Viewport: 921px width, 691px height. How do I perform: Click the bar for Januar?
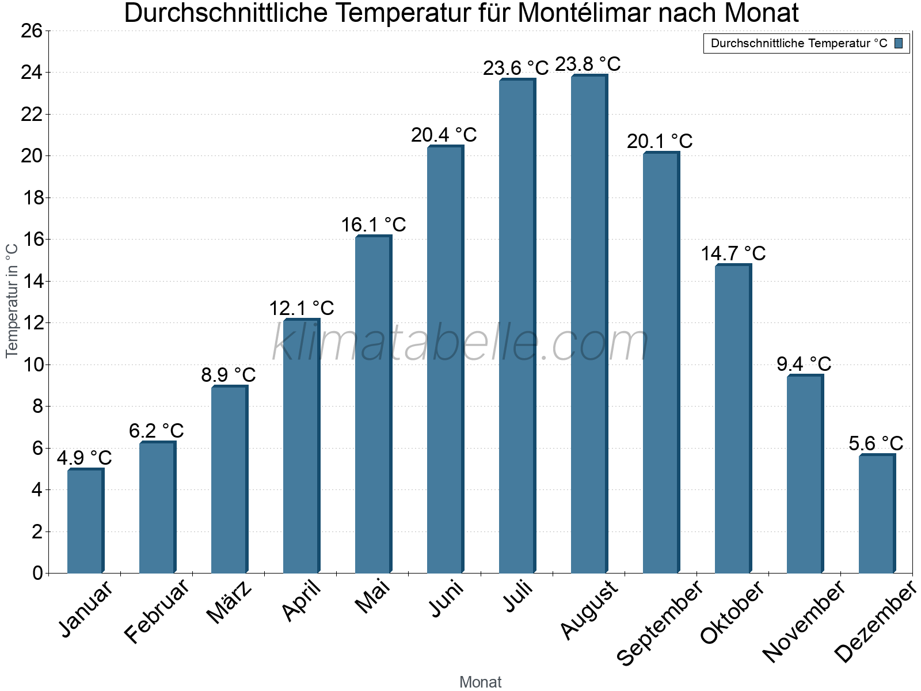pos(85,521)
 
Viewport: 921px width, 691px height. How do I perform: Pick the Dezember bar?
pos(877,514)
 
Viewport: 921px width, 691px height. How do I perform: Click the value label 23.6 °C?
pos(516,69)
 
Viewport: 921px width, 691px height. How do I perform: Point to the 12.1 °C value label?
pos(302,308)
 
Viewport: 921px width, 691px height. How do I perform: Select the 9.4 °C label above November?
pos(804,364)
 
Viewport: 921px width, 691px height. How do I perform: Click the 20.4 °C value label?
pos(444,135)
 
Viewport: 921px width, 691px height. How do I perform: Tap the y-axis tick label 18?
pos(33,198)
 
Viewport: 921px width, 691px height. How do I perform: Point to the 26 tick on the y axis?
pos(33,31)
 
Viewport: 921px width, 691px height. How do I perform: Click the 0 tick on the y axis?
pos(38,573)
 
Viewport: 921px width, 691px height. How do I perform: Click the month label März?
pos(229,602)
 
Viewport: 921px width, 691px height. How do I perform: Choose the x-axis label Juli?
pos(518,597)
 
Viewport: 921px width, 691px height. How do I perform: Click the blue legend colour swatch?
pos(899,43)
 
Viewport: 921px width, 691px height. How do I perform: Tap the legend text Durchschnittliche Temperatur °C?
pos(799,43)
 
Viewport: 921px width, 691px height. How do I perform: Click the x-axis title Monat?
pos(480,682)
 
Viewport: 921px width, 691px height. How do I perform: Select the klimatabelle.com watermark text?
pos(461,343)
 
